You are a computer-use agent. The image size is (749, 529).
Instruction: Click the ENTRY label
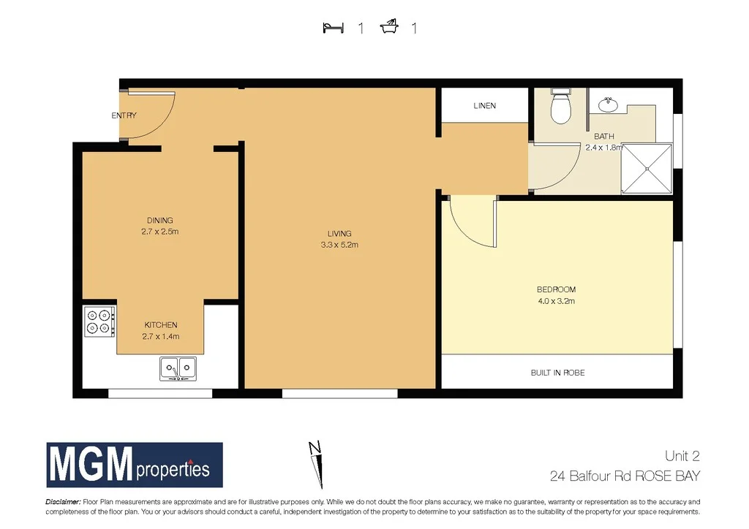click(x=124, y=115)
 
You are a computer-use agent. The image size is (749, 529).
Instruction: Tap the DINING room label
click(x=160, y=220)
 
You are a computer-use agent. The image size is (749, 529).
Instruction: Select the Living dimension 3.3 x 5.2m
click(x=339, y=245)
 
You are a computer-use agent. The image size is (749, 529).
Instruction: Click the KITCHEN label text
click(x=160, y=324)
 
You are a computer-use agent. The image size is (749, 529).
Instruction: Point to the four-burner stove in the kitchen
click(x=100, y=321)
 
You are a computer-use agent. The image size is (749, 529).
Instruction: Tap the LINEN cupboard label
click(x=484, y=106)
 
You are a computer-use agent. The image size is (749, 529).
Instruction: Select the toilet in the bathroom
click(x=560, y=108)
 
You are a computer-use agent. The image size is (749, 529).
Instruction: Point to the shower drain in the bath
click(x=647, y=169)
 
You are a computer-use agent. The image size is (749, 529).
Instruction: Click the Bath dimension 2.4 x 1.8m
click(x=603, y=147)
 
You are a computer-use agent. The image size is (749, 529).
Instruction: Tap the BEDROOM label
click(x=556, y=289)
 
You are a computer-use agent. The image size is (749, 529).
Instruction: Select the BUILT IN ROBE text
click(x=557, y=373)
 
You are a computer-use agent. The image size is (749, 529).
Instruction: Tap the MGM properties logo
click(x=135, y=465)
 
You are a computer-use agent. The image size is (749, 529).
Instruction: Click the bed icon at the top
click(x=333, y=28)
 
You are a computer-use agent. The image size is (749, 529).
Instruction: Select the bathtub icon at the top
click(x=389, y=28)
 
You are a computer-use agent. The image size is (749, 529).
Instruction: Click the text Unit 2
click(x=682, y=456)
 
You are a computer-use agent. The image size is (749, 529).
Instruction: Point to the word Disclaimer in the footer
click(x=63, y=502)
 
